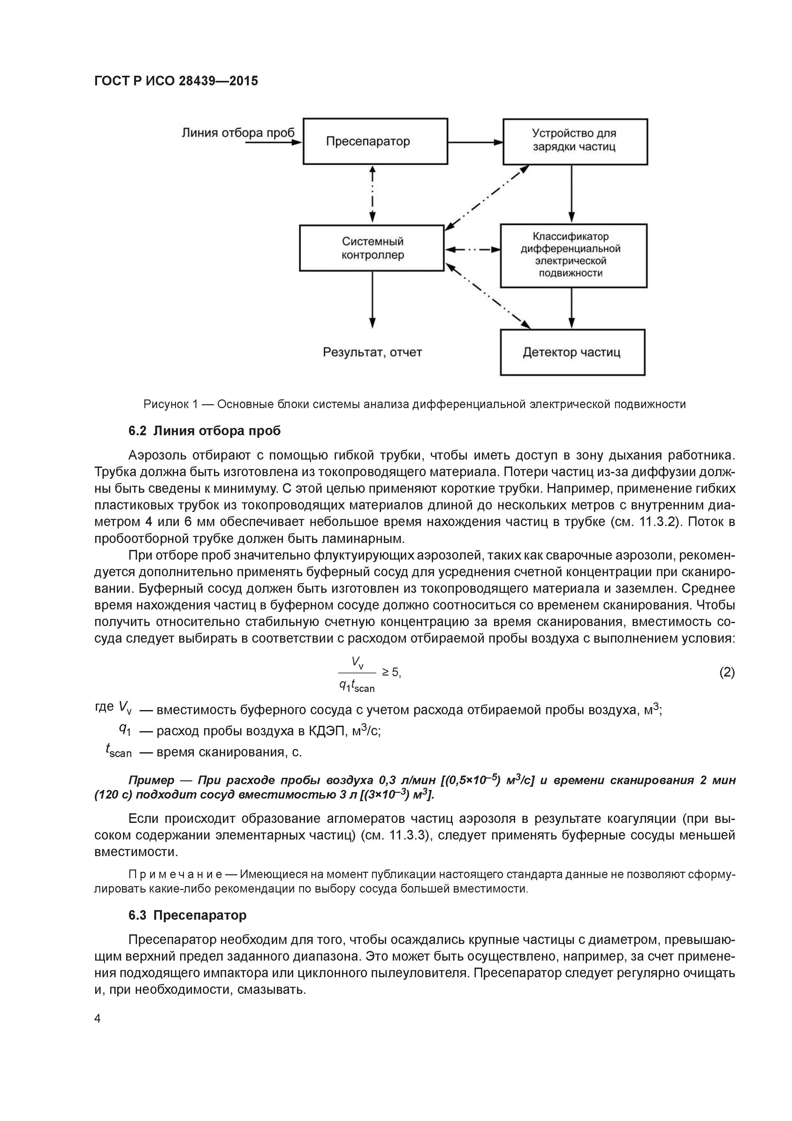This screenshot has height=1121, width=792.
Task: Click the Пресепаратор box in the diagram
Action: (375, 141)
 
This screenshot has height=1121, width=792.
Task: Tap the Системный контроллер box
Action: (372, 248)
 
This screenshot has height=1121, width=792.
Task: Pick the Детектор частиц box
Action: (572, 352)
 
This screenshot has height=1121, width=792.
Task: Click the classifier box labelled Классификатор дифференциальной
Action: (573, 255)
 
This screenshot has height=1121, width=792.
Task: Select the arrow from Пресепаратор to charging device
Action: (475, 142)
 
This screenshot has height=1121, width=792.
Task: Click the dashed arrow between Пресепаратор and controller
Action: (372, 194)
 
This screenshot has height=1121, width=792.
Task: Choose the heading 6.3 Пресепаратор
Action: (187, 915)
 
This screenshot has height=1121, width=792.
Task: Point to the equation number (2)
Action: (727, 673)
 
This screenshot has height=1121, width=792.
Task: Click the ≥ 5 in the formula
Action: (391, 673)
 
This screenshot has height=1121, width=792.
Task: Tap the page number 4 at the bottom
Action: (98, 1018)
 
